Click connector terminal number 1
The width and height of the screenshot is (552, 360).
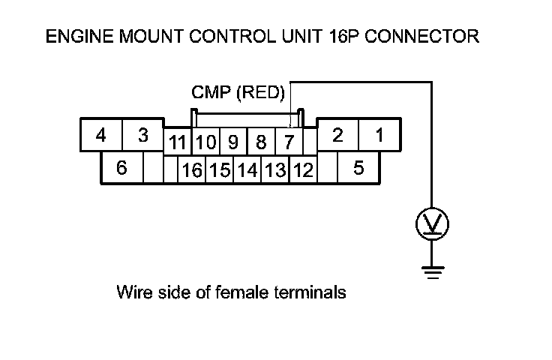pos(380,136)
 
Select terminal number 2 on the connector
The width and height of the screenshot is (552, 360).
pos(338,136)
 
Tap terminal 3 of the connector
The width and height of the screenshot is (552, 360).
pos(142,136)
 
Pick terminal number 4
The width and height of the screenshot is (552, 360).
pos(100,136)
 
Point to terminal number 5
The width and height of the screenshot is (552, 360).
pos(358,169)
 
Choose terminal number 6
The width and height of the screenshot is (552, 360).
pos(121,169)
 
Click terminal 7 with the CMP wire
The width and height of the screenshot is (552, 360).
pos(287,142)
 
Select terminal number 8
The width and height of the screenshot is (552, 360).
pos(261,142)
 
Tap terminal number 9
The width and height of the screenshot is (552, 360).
pos(233,142)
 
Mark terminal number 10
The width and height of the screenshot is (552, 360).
pos(206,142)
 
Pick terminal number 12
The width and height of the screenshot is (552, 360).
pos(303,171)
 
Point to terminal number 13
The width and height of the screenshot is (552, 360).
pos(275,171)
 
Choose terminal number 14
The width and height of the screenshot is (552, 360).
pos(247,171)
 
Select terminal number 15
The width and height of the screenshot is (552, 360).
pos(219,171)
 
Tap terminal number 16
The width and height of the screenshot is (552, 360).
pos(192,171)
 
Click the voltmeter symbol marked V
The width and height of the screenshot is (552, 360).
pos(432,223)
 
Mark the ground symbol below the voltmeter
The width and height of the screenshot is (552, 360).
pos(432,271)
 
